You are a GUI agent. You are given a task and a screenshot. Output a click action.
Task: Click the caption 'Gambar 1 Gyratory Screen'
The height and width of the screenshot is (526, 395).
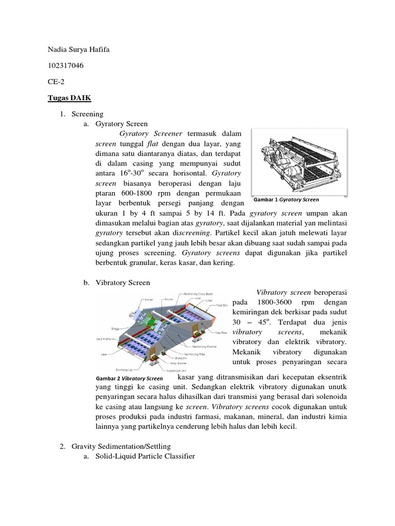(x=286, y=199)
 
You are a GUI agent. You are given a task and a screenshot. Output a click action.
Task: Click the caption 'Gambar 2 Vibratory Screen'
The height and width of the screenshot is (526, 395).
(x=130, y=379)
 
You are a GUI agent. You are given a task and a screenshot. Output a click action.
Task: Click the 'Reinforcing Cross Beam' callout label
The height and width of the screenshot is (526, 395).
(x=199, y=294)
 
